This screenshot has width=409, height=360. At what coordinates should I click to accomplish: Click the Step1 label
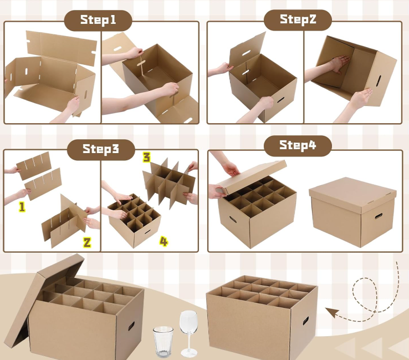pos(98,20)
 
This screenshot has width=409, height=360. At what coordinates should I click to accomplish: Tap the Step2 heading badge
pos(298,19)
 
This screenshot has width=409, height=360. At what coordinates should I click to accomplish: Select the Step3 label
pos(101,149)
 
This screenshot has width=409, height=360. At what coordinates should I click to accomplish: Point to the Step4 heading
pos(298,145)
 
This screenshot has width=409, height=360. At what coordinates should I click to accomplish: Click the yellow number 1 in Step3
pos(22,207)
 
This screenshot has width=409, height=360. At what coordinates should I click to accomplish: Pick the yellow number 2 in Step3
pos(87,242)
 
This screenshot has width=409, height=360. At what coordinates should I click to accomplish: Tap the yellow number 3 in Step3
pos(147,157)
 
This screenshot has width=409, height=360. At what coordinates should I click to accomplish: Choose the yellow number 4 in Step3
pos(163,241)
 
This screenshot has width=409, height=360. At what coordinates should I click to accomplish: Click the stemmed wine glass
pos(188,333)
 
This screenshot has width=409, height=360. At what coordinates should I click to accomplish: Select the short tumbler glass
pos(163,342)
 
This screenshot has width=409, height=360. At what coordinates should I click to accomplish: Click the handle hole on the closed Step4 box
pos(379,216)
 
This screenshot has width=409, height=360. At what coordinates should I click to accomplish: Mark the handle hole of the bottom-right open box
pos(306,320)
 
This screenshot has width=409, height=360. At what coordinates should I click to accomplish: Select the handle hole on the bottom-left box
pos(131,326)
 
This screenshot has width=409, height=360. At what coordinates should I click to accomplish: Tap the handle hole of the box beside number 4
pos(147,231)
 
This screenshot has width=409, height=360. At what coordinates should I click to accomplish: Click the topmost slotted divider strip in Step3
pos(34,166)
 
